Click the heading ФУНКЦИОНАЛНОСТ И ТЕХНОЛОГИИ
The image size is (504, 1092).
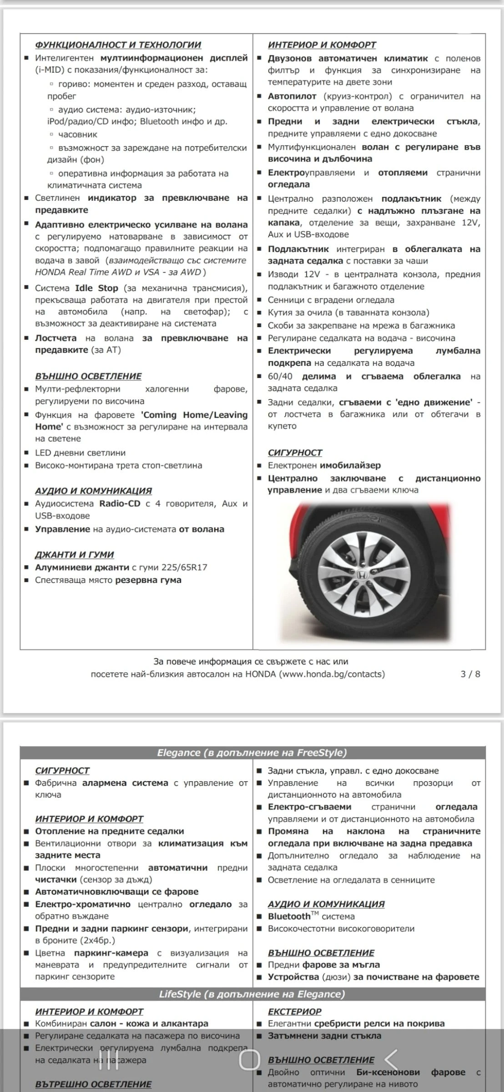click(x=118, y=45)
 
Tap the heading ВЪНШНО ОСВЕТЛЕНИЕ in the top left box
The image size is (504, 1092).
click(x=88, y=376)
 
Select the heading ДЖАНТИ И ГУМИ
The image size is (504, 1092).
click(x=74, y=554)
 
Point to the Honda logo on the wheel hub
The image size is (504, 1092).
click(x=362, y=575)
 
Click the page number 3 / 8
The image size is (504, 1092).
click(x=470, y=674)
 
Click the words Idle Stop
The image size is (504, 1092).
click(x=96, y=288)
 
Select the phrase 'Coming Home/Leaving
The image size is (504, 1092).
click(x=194, y=415)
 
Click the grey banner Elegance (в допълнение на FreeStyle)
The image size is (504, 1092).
click(x=252, y=753)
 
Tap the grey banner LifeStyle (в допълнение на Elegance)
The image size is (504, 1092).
click(x=252, y=994)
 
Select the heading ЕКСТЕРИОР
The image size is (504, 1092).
click(x=294, y=1011)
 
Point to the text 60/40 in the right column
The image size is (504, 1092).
click(x=280, y=377)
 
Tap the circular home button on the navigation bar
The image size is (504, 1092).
click(x=250, y=1060)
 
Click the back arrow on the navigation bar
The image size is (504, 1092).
click(x=391, y=1060)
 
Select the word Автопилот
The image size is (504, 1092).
click(x=292, y=96)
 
